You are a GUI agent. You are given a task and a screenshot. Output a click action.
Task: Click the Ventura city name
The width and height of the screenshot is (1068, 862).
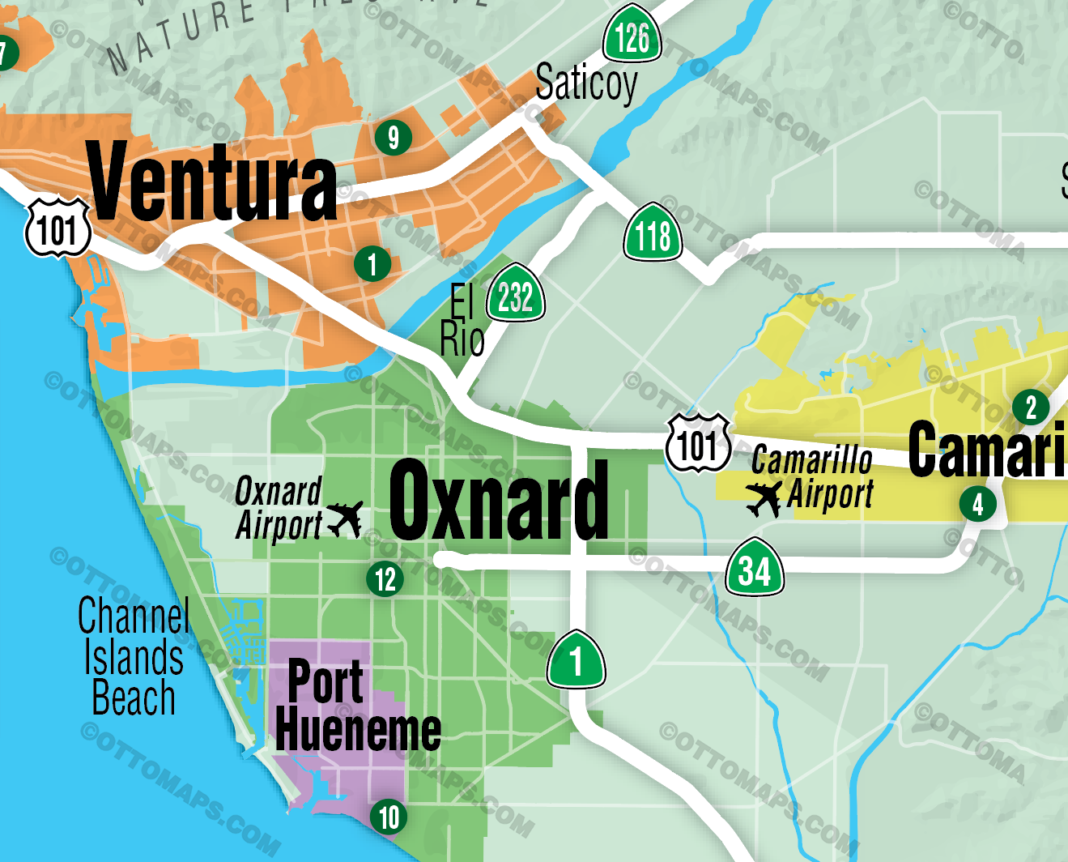pos(212,181)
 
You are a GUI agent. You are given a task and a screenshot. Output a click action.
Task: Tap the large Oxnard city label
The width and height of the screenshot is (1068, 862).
pos(498,500)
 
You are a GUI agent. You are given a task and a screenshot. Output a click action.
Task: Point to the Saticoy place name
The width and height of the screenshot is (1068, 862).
pos(586,83)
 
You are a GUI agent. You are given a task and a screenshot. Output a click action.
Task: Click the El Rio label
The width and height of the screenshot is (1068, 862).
pos(462,322)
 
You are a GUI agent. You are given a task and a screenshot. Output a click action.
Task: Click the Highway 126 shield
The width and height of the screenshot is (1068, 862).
pos(632,36)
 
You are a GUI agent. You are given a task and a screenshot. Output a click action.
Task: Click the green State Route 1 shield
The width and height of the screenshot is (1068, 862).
pos(576,660)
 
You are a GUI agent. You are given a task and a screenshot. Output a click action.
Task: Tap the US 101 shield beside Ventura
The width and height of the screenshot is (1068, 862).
pos(57,228)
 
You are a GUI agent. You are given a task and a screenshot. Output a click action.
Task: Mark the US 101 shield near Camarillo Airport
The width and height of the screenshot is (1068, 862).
pos(698,443)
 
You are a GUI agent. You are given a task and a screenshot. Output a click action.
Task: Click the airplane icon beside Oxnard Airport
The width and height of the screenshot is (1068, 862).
pos(345,518)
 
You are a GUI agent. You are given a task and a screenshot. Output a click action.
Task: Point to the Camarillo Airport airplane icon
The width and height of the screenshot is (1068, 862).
pos(764,498)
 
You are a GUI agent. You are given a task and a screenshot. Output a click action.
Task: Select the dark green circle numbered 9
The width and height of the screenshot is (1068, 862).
pos(394,138)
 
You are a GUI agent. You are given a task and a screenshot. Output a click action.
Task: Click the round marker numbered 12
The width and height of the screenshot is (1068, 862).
pos(385,579)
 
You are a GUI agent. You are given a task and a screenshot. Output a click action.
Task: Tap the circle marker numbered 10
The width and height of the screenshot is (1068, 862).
pos(389,817)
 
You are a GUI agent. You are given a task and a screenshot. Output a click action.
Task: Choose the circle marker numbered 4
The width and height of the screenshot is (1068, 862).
pos(978,504)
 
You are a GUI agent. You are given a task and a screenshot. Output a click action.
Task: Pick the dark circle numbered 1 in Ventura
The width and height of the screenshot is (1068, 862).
pos(372,264)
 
